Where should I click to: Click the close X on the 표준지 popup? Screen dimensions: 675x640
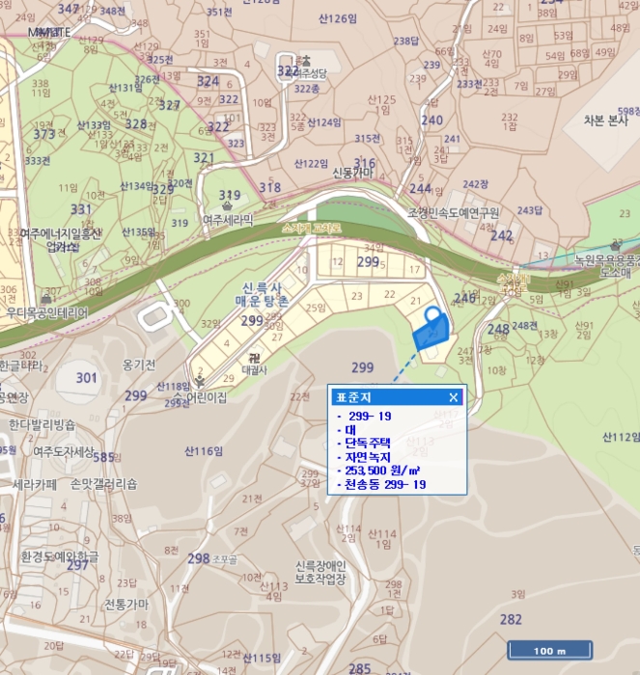tap(454, 396)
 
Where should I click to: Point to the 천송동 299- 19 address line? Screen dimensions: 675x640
tap(384, 484)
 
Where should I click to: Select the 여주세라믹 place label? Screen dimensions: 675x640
tap(228, 220)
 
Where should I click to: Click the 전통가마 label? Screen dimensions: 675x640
tap(127, 604)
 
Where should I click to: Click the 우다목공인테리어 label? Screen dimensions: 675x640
tap(46, 313)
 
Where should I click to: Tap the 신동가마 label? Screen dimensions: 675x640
tap(351, 173)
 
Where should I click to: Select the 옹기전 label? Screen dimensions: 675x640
tap(139, 364)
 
